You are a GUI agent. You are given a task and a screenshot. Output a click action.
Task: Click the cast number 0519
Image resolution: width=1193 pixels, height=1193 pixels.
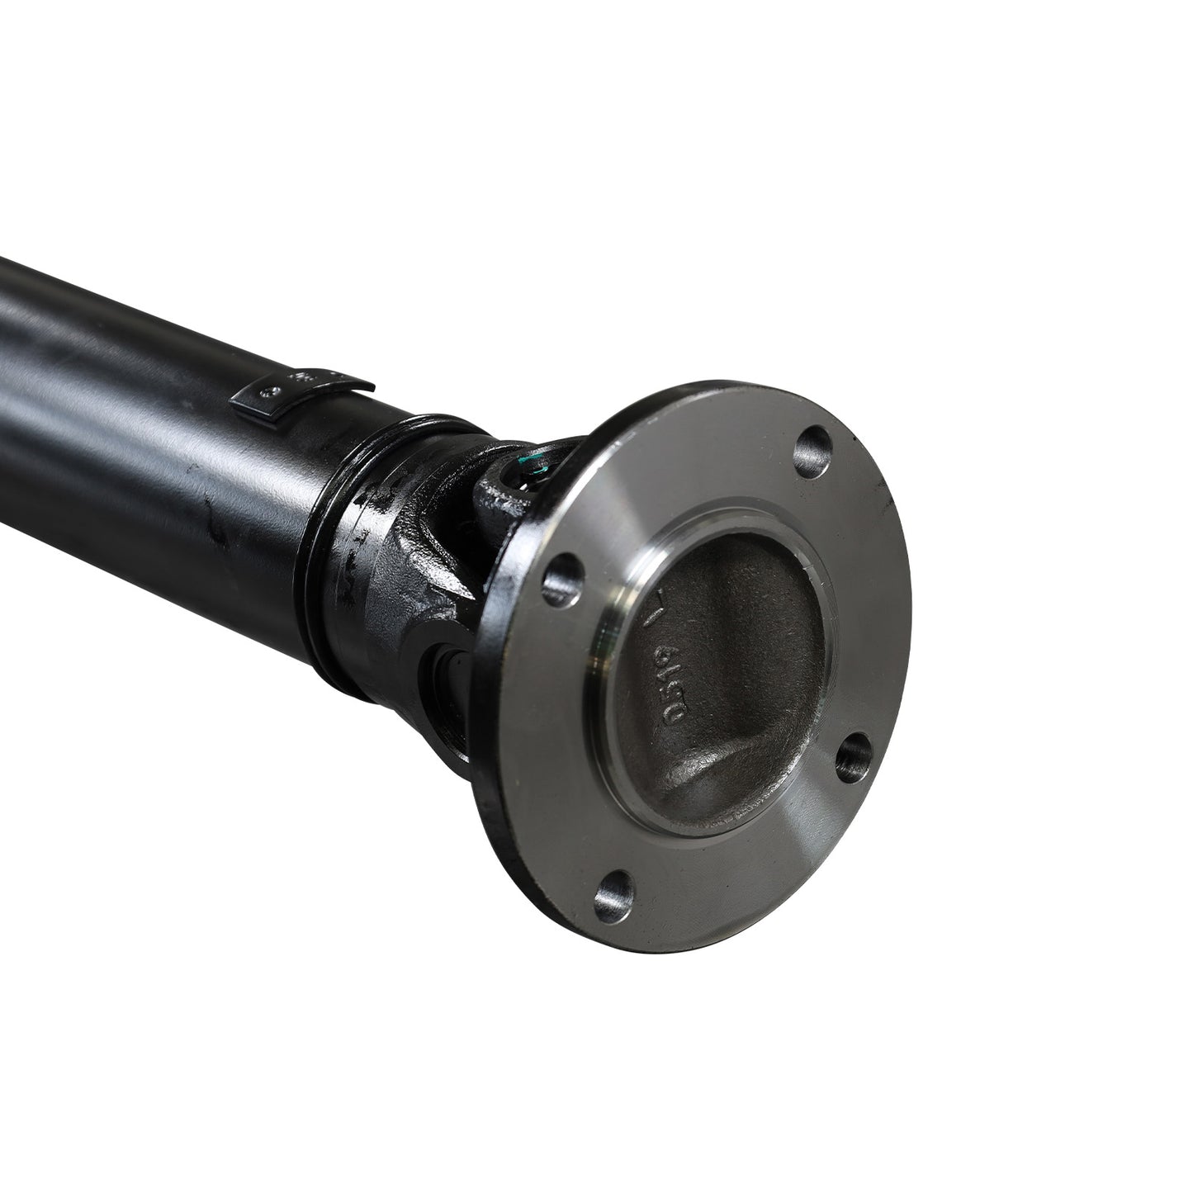pyautogui.click(x=672, y=697)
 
